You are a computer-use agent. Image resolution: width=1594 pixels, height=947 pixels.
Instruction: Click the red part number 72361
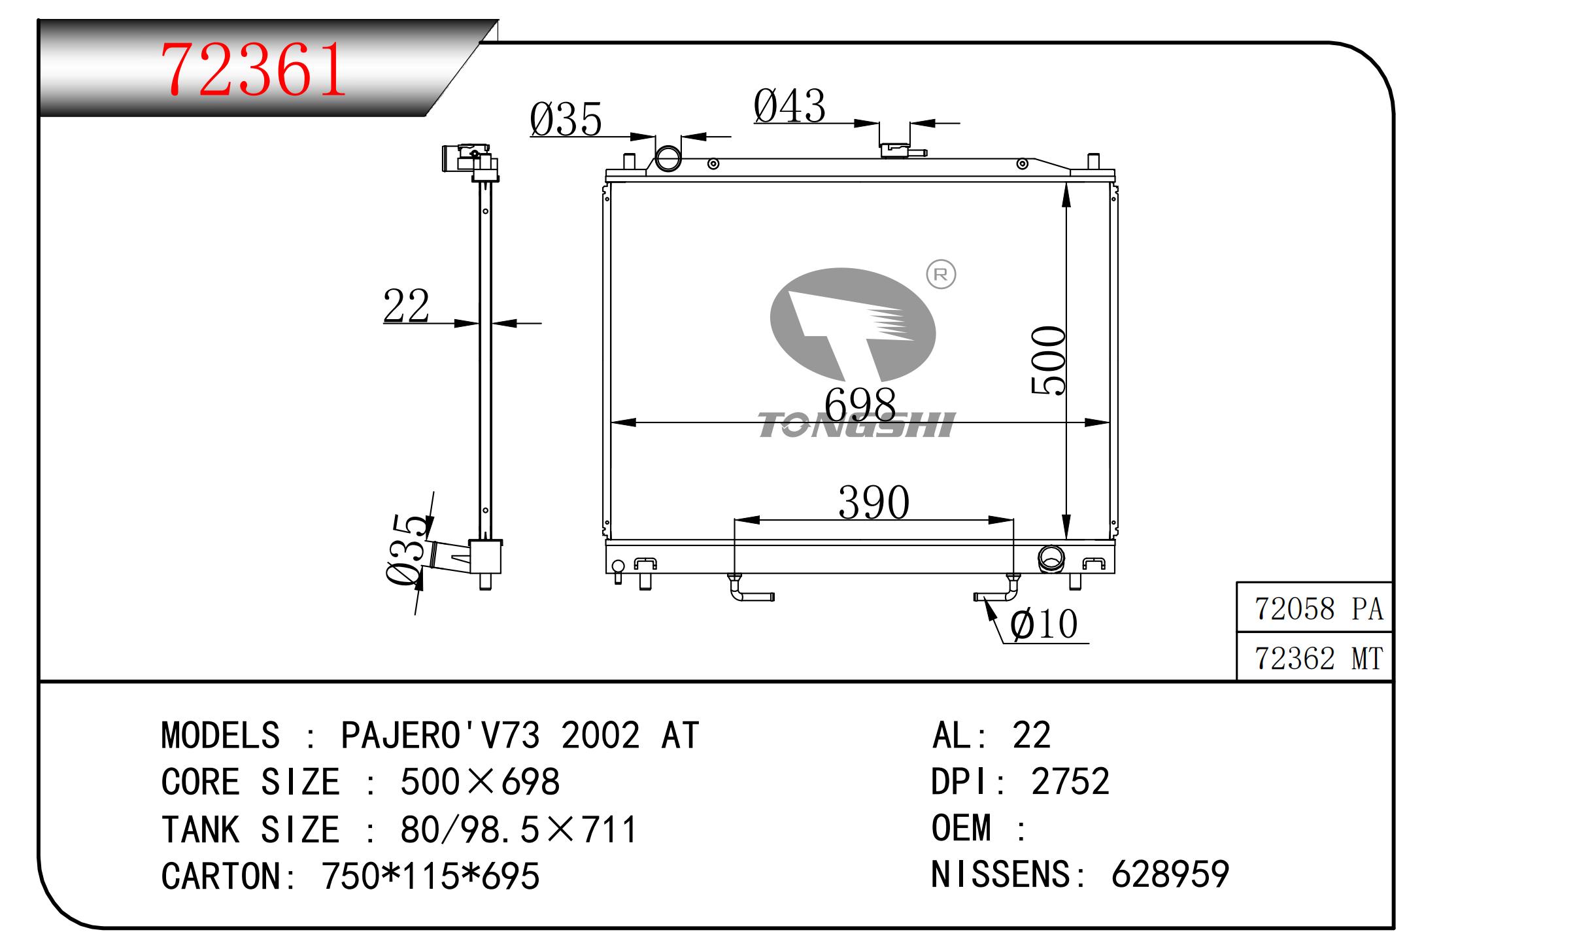[254, 70]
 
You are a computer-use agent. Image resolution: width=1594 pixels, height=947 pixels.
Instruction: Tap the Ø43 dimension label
[789, 106]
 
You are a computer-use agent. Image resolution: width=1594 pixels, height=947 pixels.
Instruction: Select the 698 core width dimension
[860, 405]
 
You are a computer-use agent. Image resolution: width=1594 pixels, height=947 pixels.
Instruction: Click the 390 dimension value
[873, 502]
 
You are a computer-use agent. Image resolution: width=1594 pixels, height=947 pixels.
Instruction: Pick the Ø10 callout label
[1043, 624]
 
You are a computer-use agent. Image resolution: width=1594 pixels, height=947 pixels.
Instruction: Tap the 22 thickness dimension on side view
[406, 305]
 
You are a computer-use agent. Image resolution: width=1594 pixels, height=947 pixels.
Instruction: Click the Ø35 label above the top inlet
[566, 120]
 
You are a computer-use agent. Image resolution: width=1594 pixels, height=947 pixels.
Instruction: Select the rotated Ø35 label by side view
[407, 548]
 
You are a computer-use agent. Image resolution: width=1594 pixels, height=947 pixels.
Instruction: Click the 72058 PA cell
[1319, 610]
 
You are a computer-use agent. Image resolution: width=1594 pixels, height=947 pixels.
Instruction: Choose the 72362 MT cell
[1319, 659]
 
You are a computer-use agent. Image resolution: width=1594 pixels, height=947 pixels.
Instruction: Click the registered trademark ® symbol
[941, 275]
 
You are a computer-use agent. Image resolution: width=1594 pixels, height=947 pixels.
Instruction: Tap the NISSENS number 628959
[1170, 874]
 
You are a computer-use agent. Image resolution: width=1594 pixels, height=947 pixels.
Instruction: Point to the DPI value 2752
[1070, 781]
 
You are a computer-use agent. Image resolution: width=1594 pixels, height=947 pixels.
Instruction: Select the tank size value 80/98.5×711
[518, 829]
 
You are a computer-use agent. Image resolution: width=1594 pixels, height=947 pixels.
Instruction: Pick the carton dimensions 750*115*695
[430, 876]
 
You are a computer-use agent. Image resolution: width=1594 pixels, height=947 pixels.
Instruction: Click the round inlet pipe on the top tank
[668, 158]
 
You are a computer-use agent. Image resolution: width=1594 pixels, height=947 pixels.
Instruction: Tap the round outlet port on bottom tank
[1051, 559]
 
